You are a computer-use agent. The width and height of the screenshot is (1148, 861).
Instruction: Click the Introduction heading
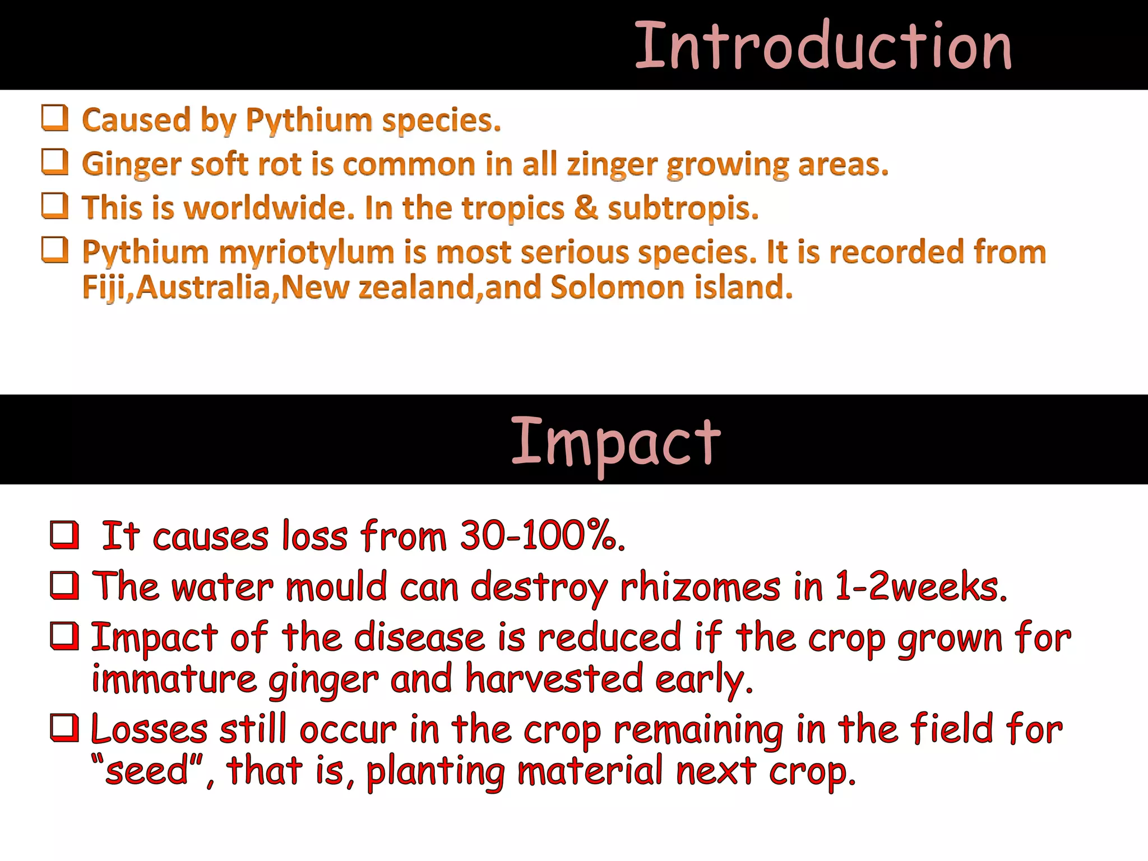pos(823,46)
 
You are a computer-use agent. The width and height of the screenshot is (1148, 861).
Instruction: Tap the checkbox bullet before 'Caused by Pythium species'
pos(55,118)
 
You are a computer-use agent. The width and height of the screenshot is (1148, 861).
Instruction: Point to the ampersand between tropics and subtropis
pos(586,208)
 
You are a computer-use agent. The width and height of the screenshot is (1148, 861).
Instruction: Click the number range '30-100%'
pos(541,536)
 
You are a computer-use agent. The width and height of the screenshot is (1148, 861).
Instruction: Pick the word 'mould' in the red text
pos(336,587)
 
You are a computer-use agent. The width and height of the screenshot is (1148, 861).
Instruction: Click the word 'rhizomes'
pos(700,587)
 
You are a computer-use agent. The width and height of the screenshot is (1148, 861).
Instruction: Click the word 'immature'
pos(174,679)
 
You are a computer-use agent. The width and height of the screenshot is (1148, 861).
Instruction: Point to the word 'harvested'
pos(554,679)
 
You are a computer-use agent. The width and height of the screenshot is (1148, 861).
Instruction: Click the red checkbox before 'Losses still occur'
pos(64,728)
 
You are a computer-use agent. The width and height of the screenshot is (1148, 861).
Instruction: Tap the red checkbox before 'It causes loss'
pos(64,535)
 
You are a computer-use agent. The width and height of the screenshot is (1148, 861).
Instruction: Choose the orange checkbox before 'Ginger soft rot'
pos(55,163)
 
